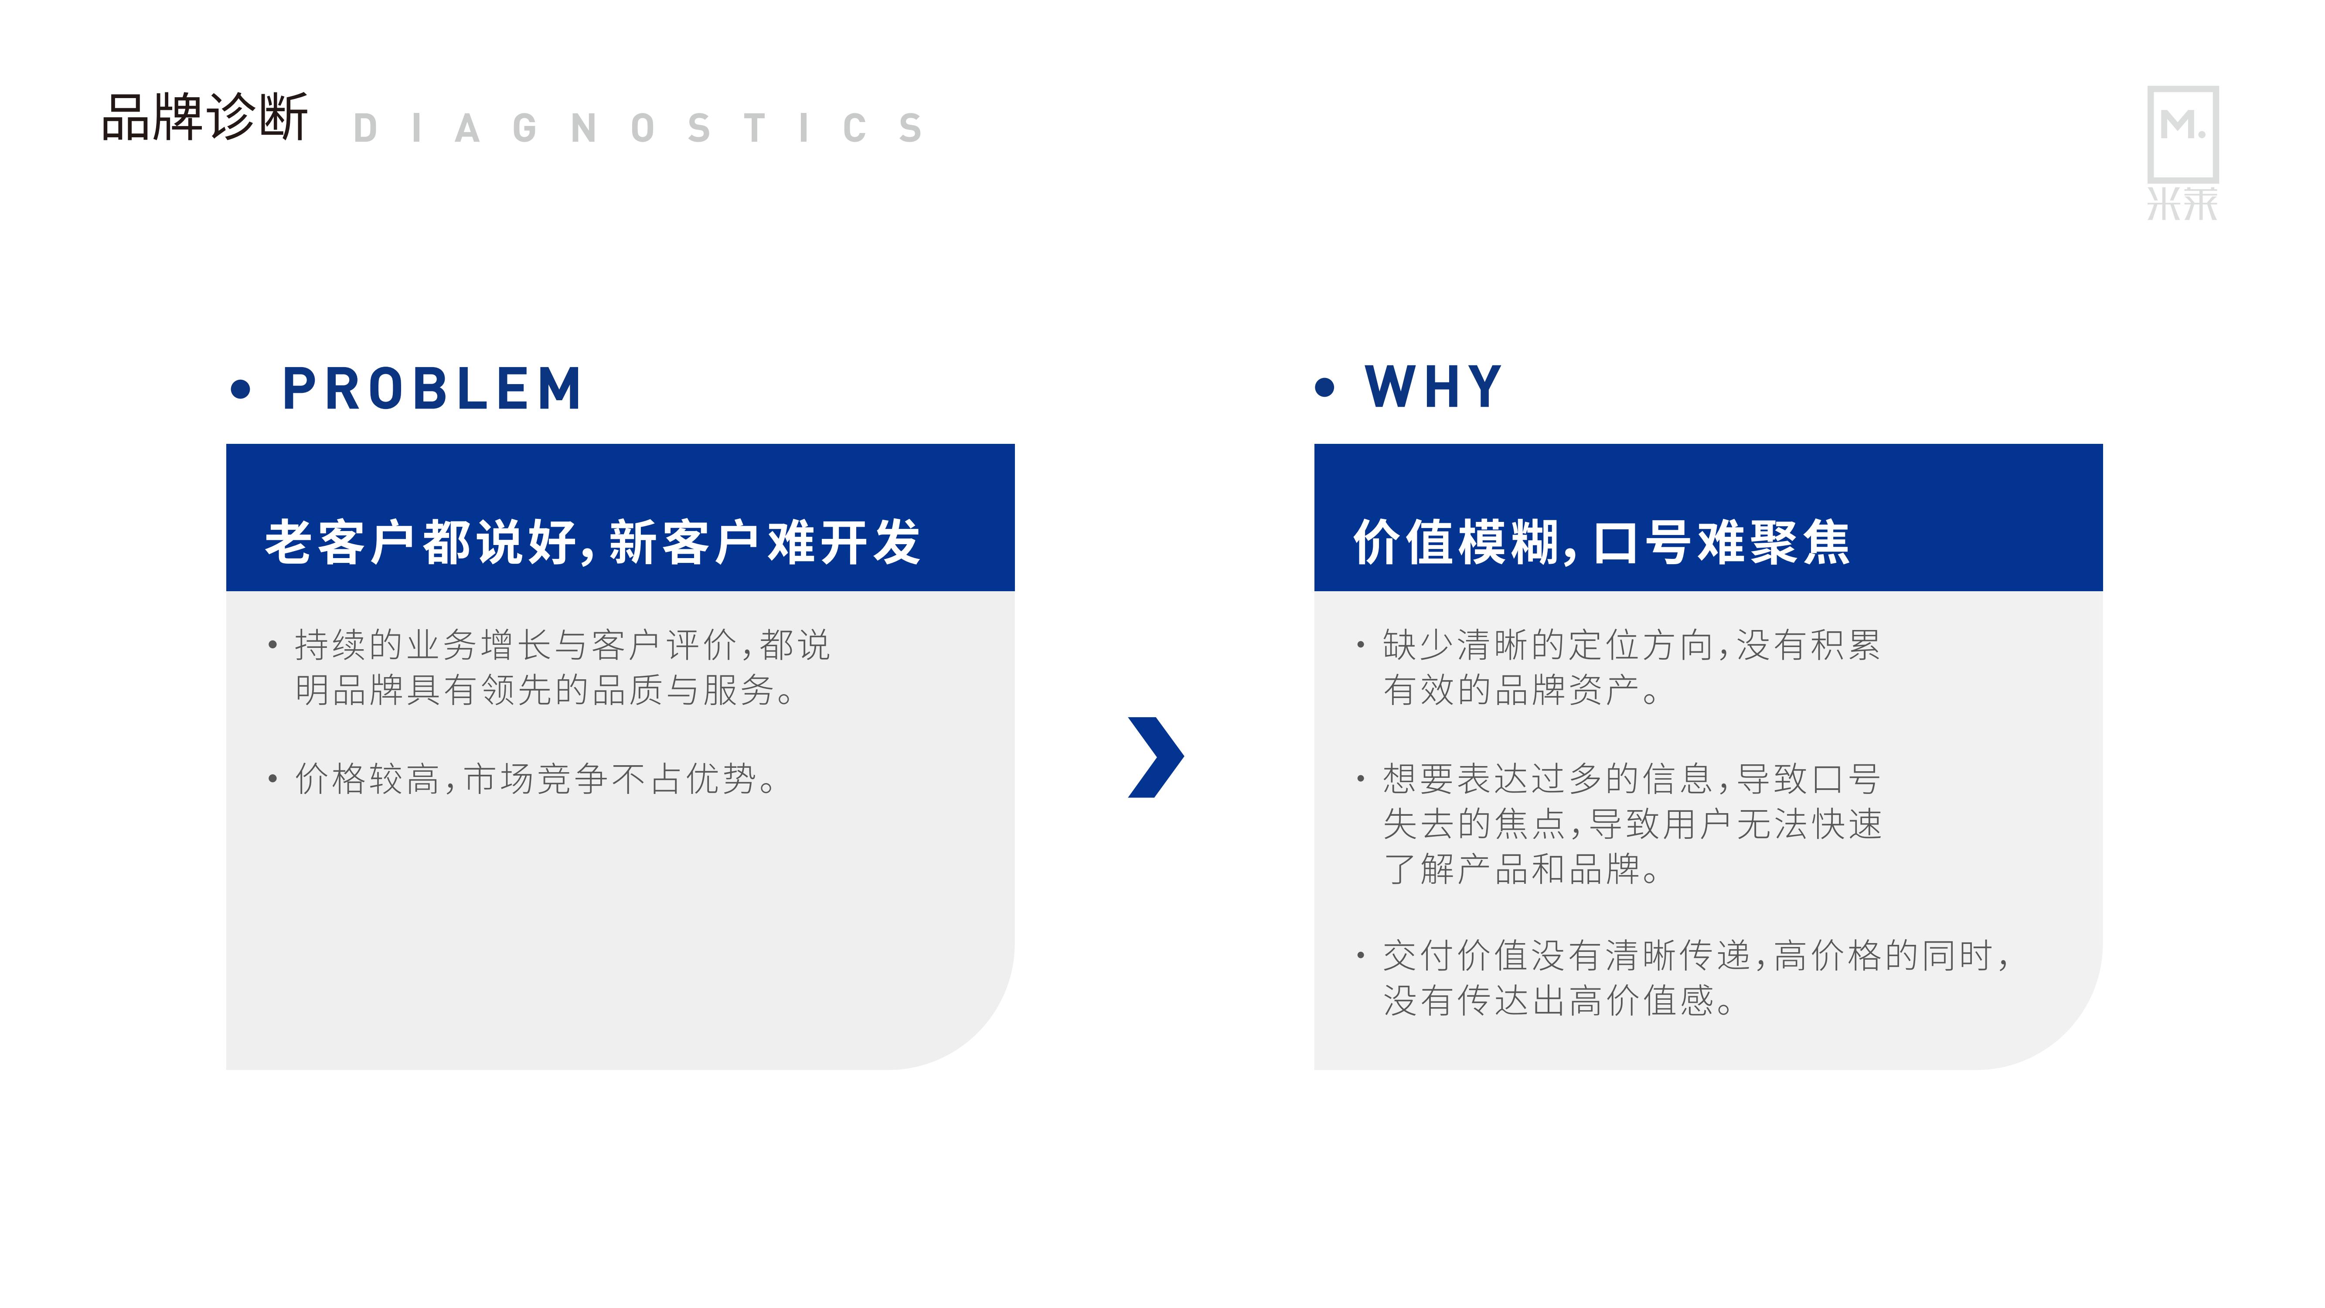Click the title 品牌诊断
pyautogui.click(x=205, y=117)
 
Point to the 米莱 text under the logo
pyautogui.click(x=2182, y=204)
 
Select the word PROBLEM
pyautogui.click(x=432, y=389)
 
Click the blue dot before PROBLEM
pyautogui.click(x=240, y=390)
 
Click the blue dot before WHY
pyautogui.click(x=1324, y=388)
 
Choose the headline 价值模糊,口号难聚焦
pyautogui.click(x=1601, y=542)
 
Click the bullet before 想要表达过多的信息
pyautogui.click(x=1360, y=778)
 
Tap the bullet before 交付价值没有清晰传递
pyautogui.click(x=1360, y=955)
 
